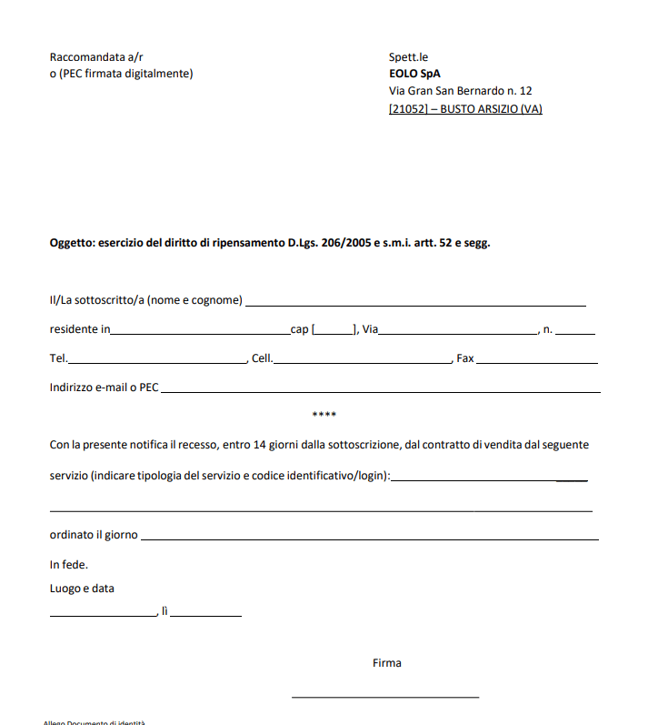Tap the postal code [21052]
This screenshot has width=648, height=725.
click(408, 109)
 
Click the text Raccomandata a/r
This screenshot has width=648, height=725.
click(96, 56)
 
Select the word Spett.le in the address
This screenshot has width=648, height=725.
click(408, 56)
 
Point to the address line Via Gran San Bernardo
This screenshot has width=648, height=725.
click(460, 91)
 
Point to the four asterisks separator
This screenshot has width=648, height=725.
click(324, 415)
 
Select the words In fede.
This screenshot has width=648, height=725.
click(69, 564)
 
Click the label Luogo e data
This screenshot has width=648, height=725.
click(82, 589)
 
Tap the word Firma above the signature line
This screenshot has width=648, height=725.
click(386, 663)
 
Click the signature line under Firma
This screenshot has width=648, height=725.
click(385, 696)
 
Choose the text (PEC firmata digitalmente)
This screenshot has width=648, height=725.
click(125, 74)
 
